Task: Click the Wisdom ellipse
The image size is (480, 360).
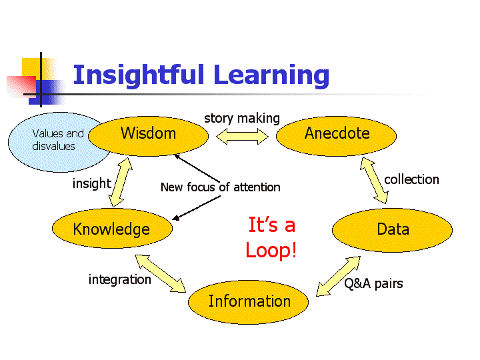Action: (149, 136)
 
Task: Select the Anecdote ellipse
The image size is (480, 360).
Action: (336, 136)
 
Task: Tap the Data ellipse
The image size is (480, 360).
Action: (393, 230)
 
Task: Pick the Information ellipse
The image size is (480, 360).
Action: (248, 302)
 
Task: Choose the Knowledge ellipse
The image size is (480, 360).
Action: (112, 229)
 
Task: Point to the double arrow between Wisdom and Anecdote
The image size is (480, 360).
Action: (242, 136)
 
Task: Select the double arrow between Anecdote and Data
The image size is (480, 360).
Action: (374, 180)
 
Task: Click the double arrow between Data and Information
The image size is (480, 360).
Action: (338, 276)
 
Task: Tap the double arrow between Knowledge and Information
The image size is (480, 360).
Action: (161, 273)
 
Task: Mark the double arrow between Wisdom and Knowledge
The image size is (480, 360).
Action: (121, 183)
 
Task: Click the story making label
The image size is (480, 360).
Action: (242, 118)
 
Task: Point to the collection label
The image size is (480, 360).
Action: (411, 179)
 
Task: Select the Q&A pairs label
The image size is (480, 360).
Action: (373, 283)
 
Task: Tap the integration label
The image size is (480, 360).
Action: (120, 279)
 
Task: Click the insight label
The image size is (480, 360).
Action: (92, 184)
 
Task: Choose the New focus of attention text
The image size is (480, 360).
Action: (221, 187)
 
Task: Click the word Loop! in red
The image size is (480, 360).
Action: (271, 250)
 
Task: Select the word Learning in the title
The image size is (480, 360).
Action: (271, 76)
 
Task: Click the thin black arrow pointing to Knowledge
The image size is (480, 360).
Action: (196, 208)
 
